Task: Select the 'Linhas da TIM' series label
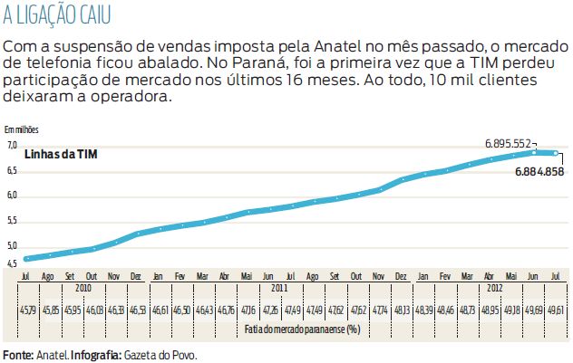(60, 154)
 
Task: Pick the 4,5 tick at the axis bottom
(12, 263)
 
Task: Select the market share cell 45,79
(27, 310)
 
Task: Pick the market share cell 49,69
(534, 310)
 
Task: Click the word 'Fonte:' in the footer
(17, 354)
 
